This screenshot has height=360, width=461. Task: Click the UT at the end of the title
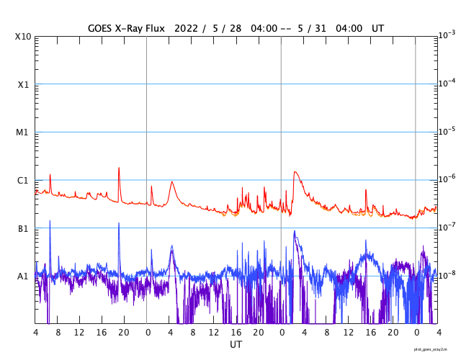click(x=378, y=28)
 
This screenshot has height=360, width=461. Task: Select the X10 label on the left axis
click(x=23, y=37)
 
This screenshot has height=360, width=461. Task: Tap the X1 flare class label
click(x=23, y=85)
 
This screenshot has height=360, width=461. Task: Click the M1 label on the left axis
click(x=23, y=132)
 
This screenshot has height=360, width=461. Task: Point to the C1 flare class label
click(x=23, y=181)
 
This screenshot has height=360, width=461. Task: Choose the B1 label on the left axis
click(x=23, y=229)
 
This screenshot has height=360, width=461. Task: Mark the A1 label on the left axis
click(x=23, y=276)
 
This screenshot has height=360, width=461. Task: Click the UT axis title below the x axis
click(x=236, y=345)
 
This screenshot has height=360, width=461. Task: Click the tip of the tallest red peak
click(x=119, y=168)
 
